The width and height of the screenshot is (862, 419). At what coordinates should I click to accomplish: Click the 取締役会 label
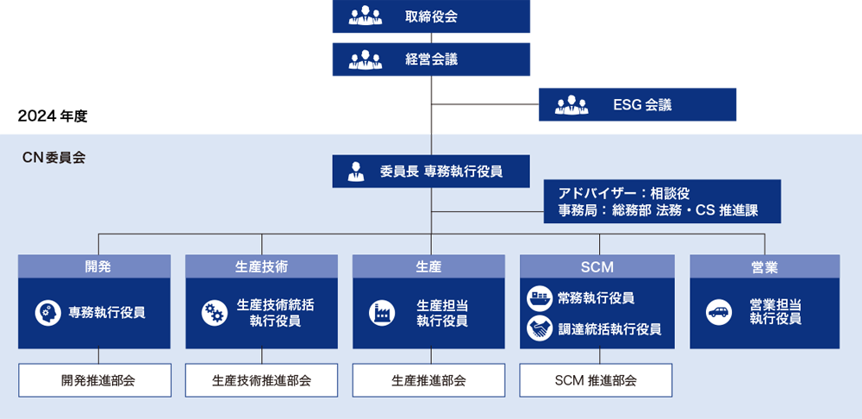(x=431, y=16)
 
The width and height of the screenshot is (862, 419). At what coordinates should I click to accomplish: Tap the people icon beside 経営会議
(x=365, y=59)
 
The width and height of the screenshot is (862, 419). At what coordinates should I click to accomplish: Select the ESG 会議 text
(x=642, y=106)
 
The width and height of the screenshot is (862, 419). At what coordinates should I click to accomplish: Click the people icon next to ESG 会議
(x=572, y=106)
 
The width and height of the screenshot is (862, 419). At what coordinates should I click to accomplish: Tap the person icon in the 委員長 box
(x=356, y=172)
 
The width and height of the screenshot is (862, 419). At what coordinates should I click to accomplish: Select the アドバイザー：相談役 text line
(x=624, y=193)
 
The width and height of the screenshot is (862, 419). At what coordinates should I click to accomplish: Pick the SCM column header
(x=597, y=267)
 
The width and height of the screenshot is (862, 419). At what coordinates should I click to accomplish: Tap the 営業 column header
(x=765, y=267)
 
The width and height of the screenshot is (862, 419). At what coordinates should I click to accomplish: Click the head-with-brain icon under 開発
(x=47, y=313)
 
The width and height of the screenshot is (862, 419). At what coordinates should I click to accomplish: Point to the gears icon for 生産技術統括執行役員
(x=214, y=313)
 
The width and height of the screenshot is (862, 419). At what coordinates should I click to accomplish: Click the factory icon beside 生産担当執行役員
(x=381, y=313)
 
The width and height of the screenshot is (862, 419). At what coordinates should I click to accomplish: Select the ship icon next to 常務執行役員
(x=540, y=298)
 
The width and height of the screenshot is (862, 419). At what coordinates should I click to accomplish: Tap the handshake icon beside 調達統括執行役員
(x=540, y=328)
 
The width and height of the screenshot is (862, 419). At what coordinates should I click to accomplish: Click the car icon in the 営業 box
(x=718, y=312)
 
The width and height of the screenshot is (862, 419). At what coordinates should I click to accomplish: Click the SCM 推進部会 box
(x=596, y=380)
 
